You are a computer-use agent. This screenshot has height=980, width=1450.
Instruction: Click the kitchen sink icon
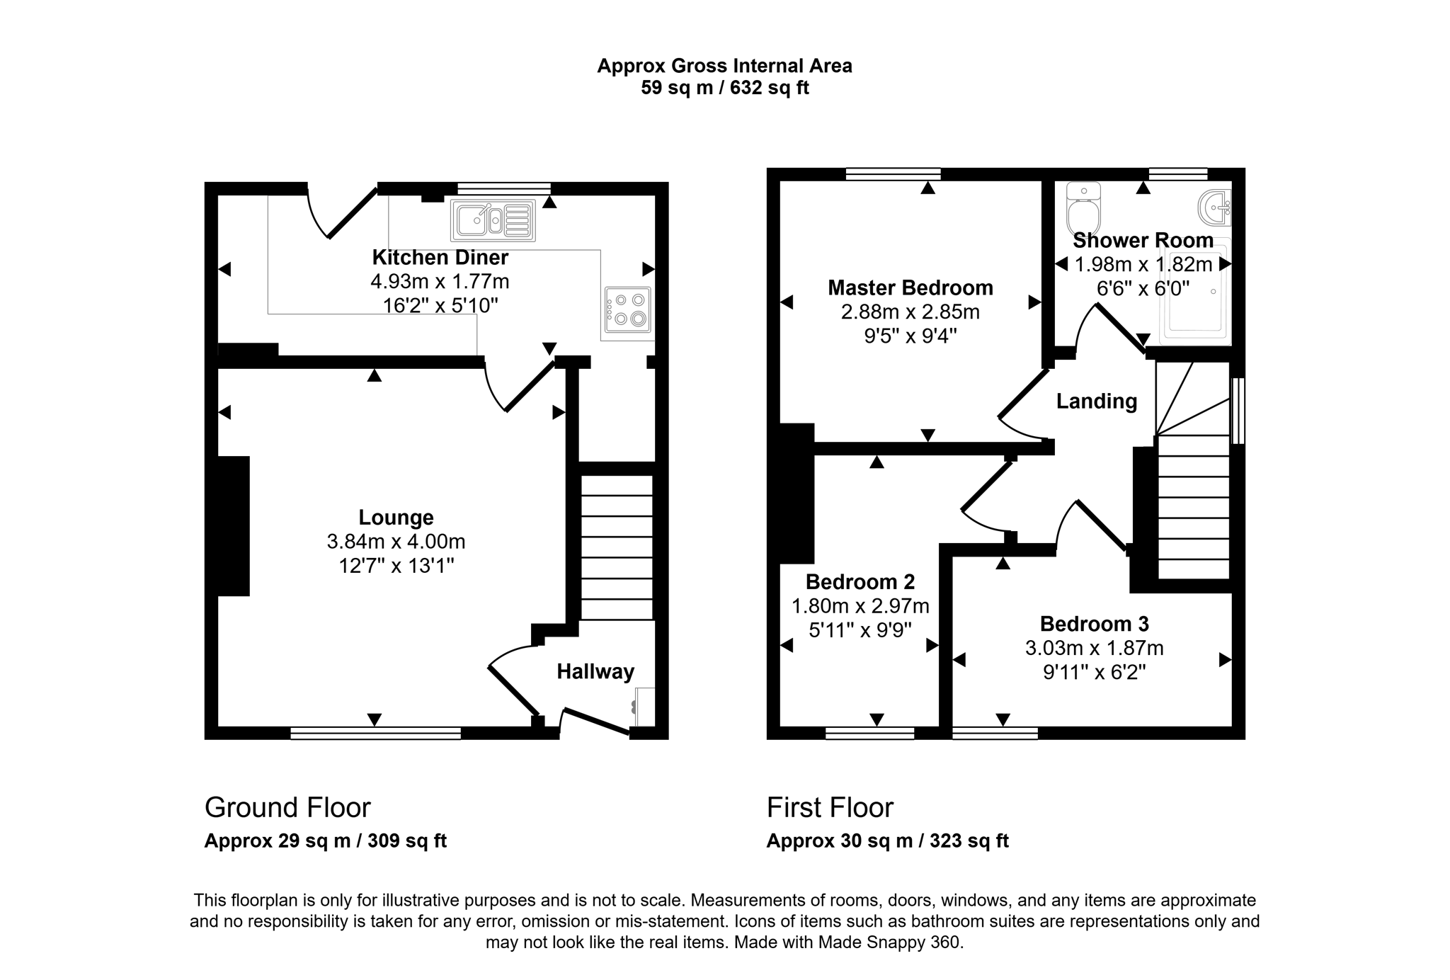493,221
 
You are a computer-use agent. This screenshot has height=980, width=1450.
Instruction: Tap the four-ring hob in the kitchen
627,310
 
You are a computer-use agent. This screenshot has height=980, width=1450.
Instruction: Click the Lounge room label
396,518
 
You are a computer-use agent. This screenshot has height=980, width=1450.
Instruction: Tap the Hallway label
595,671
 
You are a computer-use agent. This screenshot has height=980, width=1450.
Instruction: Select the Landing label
1096,401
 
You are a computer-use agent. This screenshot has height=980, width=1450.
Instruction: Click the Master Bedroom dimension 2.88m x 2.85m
910,312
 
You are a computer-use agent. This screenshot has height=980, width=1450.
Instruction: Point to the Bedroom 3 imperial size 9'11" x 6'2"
1094,672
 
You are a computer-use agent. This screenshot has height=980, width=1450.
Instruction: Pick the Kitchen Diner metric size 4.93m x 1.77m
440,282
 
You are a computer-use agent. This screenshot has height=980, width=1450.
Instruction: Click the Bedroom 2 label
860,582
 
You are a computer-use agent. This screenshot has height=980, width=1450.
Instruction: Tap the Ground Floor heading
287,807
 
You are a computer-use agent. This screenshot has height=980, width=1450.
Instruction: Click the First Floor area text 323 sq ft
969,841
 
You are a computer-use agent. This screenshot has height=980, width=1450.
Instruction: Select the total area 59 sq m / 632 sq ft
724,88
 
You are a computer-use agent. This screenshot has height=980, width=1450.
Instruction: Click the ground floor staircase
617,547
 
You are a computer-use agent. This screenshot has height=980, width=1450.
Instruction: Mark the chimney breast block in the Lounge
234,526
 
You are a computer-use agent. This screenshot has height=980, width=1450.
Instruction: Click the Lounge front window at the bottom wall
375,734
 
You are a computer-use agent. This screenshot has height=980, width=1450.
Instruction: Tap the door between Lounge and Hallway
514,690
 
